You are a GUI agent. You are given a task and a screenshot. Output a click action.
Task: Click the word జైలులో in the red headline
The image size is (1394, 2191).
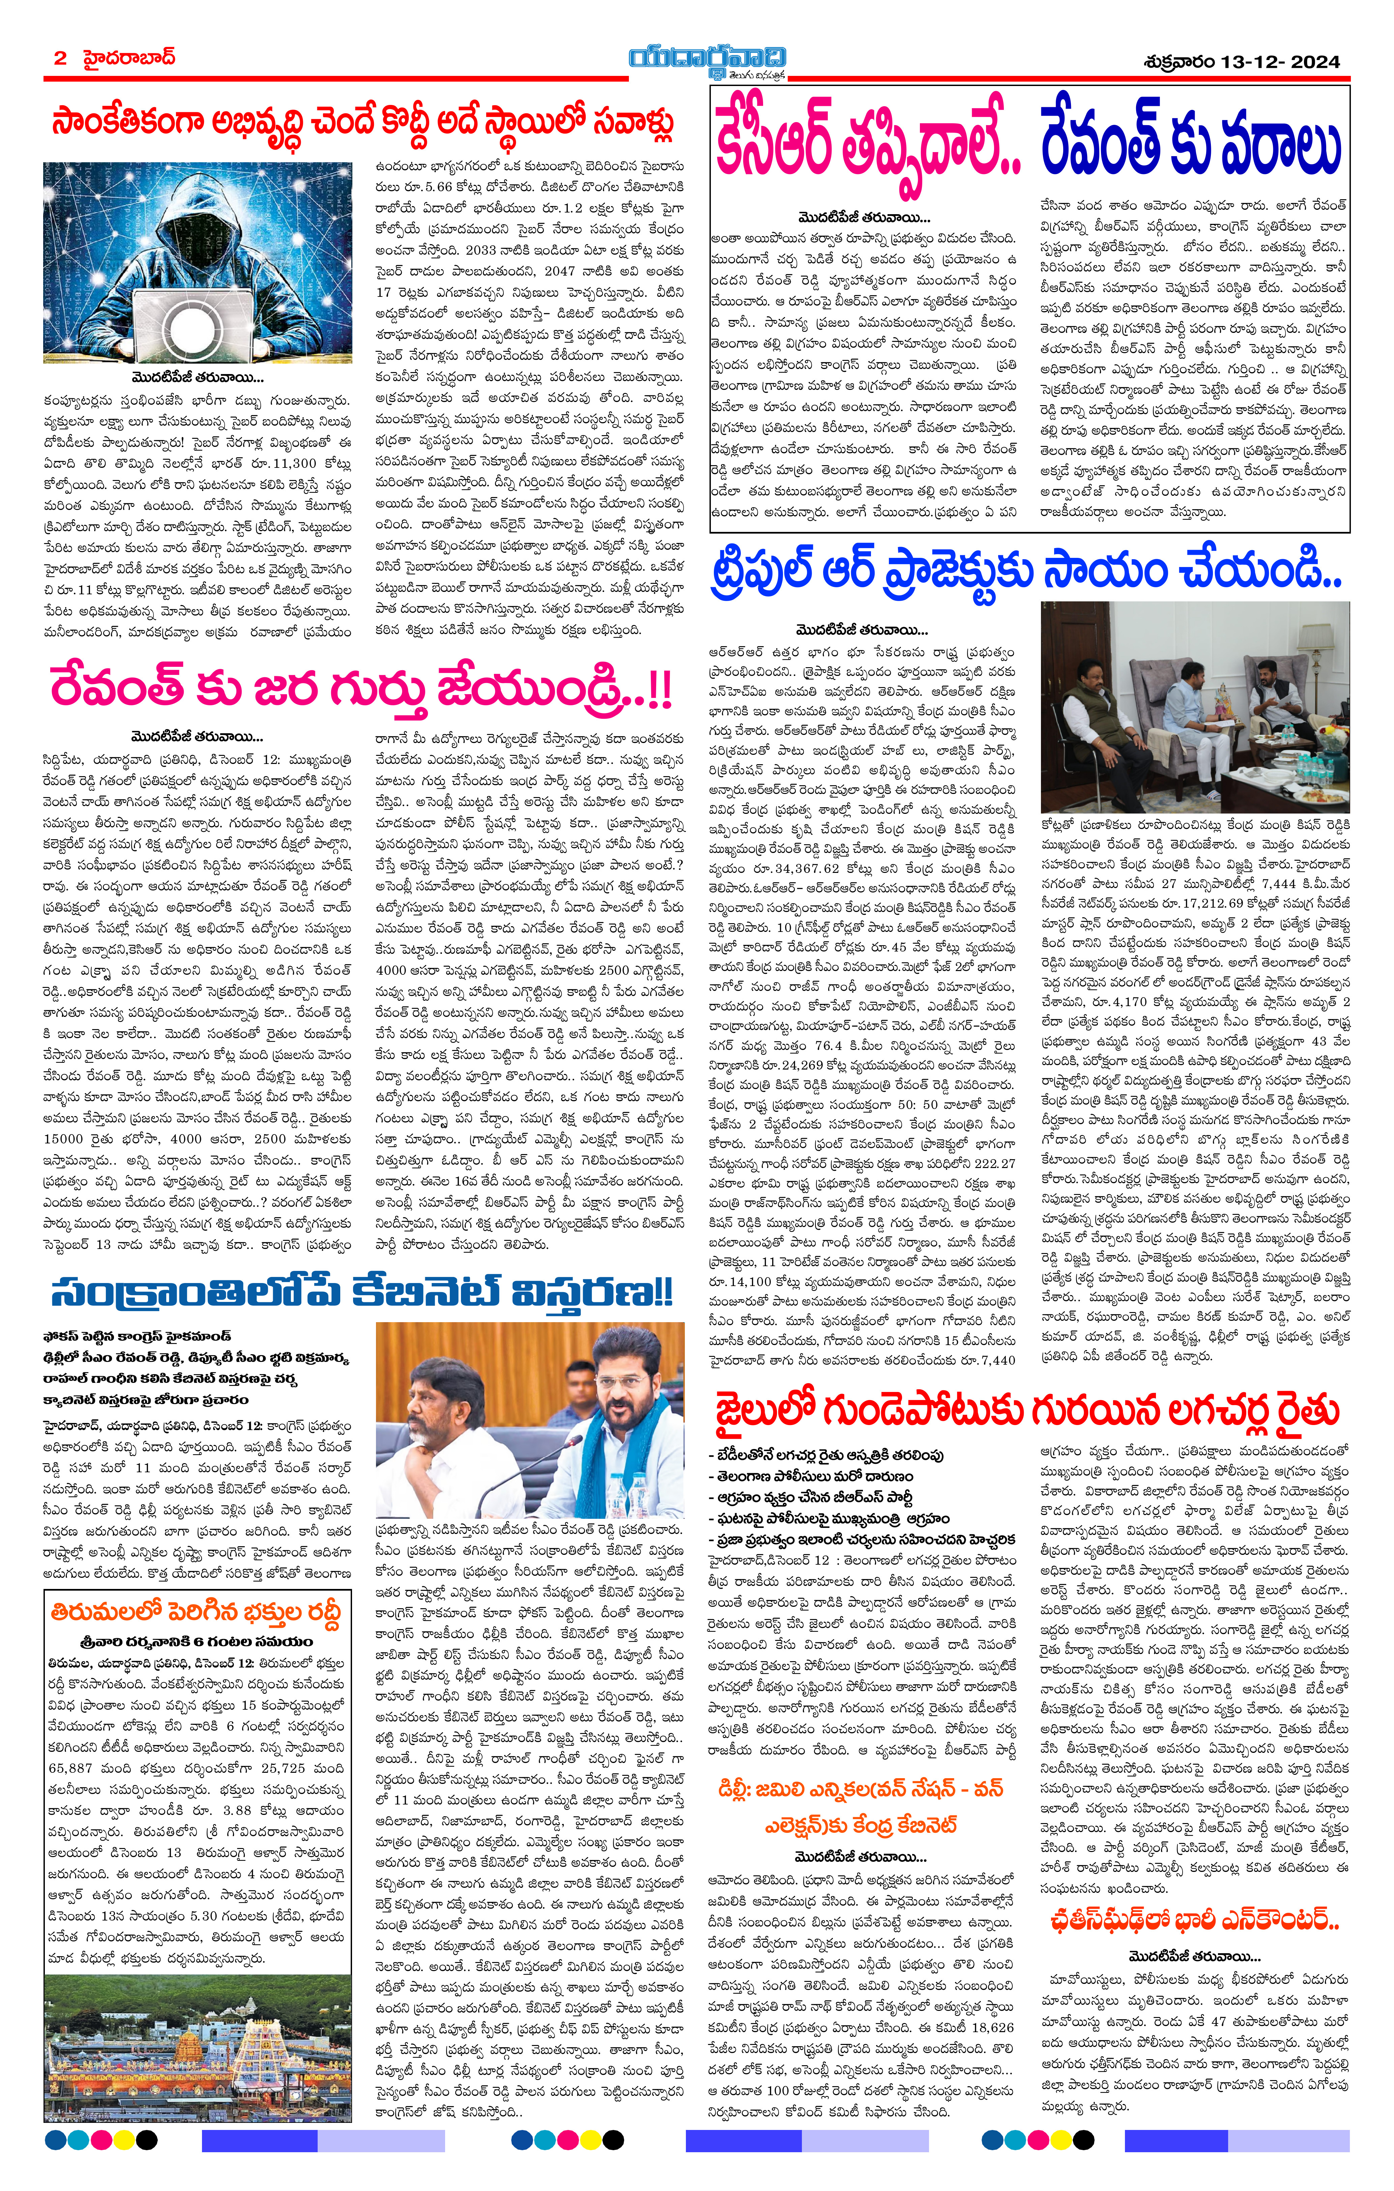coord(762,1412)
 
